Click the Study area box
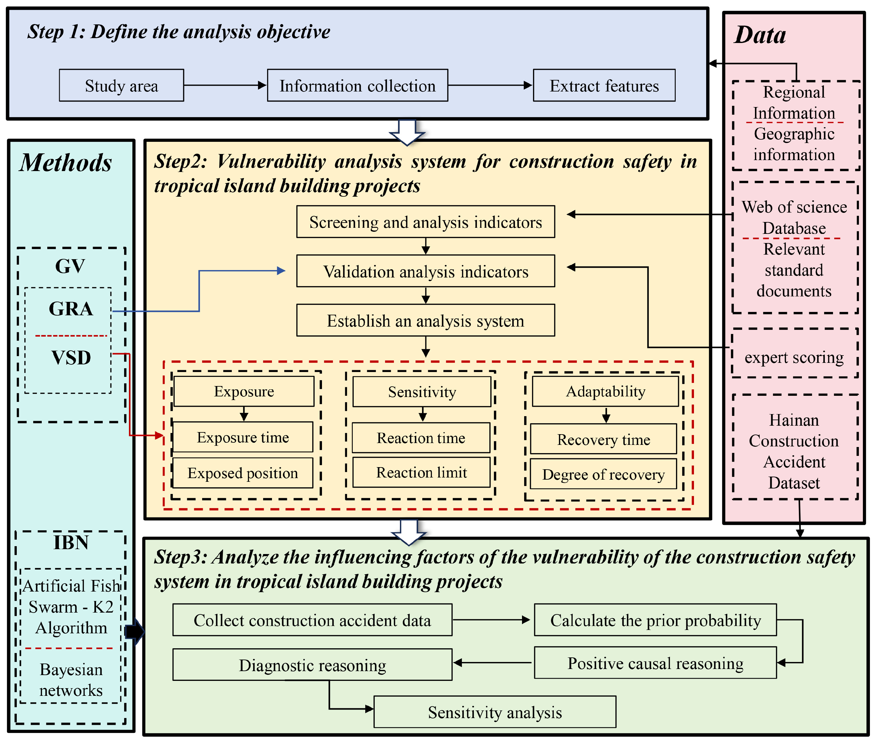click(121, 86)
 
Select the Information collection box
click(357, 86)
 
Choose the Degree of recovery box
click(603, 474)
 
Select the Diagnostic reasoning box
click(312, 665)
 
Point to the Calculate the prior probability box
click(655, 620)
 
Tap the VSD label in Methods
click(71, 358)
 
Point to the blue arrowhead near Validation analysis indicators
click(281, 271)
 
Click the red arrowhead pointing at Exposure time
click(159, 435)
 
